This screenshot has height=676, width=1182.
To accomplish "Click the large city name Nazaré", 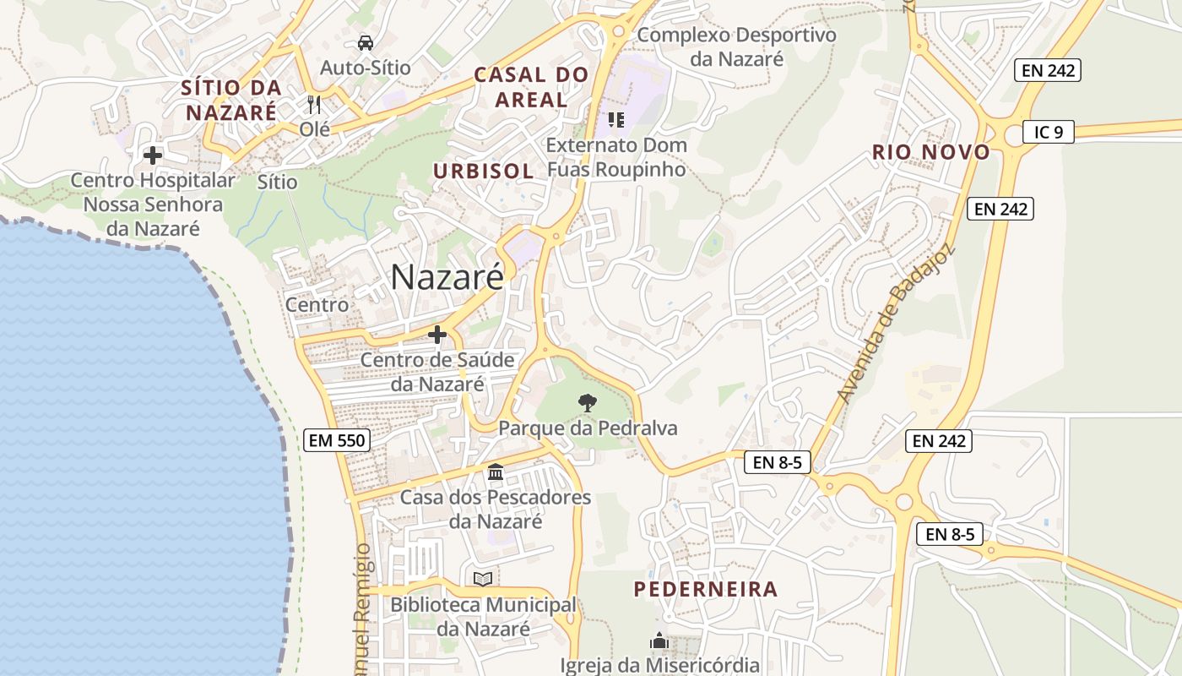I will (x=447, y=277).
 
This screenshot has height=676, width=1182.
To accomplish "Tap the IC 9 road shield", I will (x=1048, y=132).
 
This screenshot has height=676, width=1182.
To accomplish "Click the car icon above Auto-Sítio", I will (x=365, y=42).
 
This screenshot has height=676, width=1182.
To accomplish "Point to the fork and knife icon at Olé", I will (x=314, y=105).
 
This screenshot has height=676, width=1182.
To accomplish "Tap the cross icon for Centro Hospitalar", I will (x=153, y=155).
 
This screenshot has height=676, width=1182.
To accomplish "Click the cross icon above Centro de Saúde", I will (x=437, y=335).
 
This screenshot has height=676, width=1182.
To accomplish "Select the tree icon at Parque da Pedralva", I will (x=587, y=403).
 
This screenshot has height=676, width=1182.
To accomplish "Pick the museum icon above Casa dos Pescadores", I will (x=496, y=472).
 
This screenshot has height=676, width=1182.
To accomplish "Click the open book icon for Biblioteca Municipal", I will (x=483, y=579).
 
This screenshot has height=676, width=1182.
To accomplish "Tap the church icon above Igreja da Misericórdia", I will (x=659, y=641).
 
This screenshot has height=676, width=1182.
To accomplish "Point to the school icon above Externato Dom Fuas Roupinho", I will (x=615, y=120).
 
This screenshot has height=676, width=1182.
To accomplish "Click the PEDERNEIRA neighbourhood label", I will (x=706, y=589).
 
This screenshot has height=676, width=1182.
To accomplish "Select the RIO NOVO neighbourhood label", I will (x=931, y=153).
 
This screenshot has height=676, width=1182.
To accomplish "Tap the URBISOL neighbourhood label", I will (x=484, y=171).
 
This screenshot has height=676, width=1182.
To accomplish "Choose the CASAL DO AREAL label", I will (x=531, y=87).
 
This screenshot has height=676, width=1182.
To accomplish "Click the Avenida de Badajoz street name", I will (x=894, y=323).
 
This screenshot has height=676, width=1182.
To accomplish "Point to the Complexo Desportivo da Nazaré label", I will (x=737, y=46).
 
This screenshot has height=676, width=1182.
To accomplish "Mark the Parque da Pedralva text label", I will (x=588, y=428).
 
